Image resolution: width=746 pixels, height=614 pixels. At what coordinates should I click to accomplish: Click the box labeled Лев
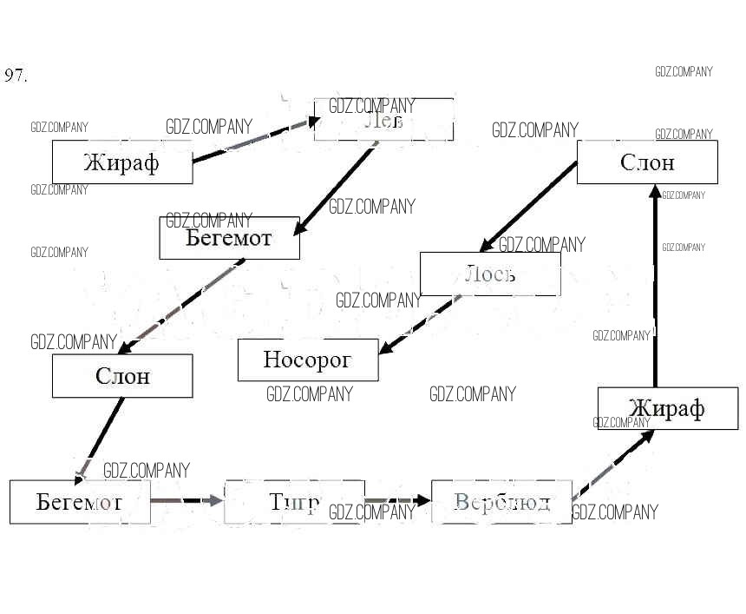(x=383, y=120)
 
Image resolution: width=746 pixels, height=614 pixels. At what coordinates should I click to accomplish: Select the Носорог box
(x=308, y=360)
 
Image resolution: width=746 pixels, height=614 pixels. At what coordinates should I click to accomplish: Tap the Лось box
(x=490, y=274)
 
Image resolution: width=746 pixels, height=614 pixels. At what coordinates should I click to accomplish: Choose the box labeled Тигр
(x=294, y=502)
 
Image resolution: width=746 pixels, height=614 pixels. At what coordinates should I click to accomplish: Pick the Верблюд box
(x=501, y=502)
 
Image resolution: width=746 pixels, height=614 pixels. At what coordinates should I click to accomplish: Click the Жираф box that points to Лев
(x=122, y=162)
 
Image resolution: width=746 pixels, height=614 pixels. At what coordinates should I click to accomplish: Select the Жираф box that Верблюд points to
(x=667, y=408)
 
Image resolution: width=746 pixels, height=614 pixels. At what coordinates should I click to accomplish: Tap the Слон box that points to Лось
(x=647, y=162)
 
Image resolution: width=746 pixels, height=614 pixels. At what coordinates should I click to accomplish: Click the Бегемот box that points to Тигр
(x=80, y=502)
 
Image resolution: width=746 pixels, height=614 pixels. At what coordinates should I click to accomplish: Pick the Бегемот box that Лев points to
(x=229, y=238)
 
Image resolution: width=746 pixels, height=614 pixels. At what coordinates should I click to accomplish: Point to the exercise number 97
(x=16, y=76)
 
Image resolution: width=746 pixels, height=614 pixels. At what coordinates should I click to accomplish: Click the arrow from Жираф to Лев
(x=252, y=141)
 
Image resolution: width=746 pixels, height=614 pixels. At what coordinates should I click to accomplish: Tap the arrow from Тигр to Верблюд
(x=397, y=501)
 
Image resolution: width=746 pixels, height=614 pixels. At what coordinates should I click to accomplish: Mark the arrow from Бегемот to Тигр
(x=187, y=501)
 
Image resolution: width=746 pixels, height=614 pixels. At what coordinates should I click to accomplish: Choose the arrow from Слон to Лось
(x=529, y=207)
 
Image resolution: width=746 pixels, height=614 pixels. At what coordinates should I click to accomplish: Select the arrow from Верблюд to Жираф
(x=612, y=465)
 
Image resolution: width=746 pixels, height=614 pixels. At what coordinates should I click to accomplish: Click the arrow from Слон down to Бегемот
(x=100, y=439)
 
